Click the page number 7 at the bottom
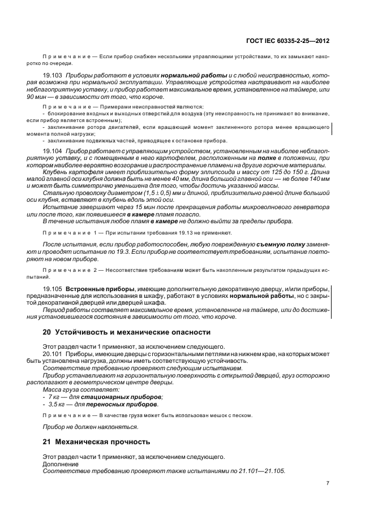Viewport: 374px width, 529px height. pos(328,483)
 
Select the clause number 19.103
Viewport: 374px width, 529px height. pos(53,75)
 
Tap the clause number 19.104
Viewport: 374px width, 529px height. pos(53,152)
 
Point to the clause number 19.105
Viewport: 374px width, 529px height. pos(53,289)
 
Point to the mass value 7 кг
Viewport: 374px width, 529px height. pos(54,397)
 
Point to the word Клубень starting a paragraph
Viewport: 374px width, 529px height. pos(55,172)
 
